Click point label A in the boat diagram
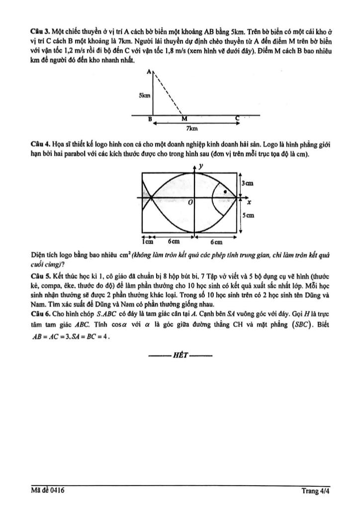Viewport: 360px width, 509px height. [x=149, y=72]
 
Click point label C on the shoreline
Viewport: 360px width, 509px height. [x=238, y=119]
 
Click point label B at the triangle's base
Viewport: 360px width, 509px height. [x=149, y=119]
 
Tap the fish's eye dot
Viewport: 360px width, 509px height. [x=226, y=191]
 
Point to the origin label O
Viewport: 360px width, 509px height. [x=189, y=203]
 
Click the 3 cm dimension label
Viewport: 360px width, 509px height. [x=248, y=184]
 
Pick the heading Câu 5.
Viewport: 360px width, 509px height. [x=39, y=274]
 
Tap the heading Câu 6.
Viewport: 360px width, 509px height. [x=39, y=313]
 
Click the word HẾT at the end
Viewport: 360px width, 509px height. [x=180, y=356]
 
